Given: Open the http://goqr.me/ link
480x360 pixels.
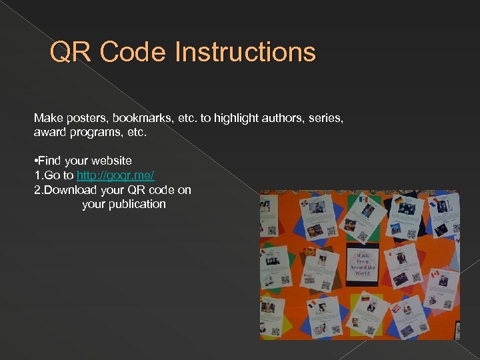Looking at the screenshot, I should pos(115,175).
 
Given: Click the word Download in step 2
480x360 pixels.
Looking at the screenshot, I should pos(68,190).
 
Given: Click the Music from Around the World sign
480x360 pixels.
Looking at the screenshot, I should pos(362,264).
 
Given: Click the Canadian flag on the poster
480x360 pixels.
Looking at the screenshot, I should pos(435,273).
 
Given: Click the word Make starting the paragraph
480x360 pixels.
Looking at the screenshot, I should pos(48,118).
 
